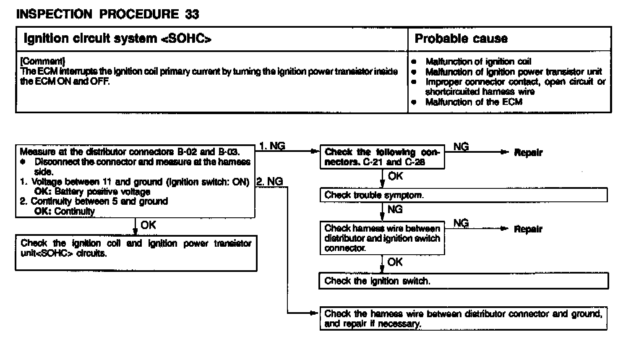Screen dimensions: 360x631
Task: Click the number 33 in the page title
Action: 192,14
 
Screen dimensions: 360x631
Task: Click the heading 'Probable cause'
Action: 461,39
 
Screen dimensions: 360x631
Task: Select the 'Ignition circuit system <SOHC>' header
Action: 117,39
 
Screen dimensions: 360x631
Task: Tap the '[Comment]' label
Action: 42,61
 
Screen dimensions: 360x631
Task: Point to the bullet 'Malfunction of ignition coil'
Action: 478,62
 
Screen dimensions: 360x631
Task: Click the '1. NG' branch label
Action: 272,146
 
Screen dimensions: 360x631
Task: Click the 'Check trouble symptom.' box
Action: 463,195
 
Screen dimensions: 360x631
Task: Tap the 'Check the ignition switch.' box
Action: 463,281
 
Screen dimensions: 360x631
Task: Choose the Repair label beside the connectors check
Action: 528,153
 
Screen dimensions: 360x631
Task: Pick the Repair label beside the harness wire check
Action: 528,229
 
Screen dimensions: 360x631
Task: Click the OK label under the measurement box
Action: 148,225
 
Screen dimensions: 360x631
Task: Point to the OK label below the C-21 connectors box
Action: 395,176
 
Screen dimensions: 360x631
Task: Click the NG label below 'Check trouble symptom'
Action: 395,209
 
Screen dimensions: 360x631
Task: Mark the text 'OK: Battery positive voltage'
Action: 92,192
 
